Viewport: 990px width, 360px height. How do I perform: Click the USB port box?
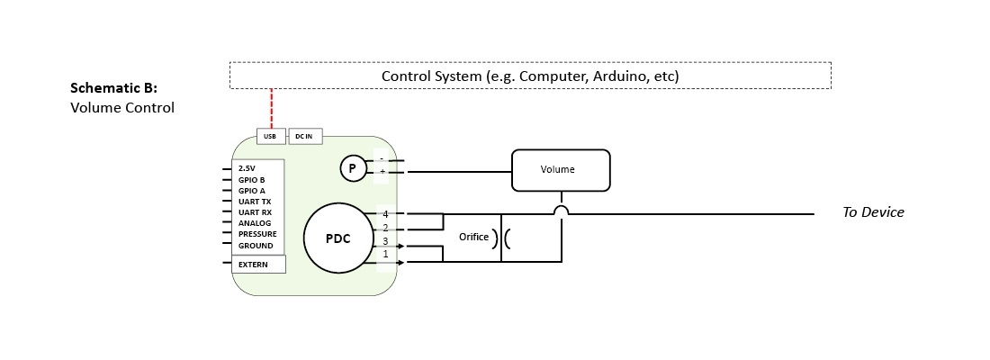(271, 136)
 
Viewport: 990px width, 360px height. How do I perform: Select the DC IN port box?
(304, 136)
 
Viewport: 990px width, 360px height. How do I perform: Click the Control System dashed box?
(530, 76)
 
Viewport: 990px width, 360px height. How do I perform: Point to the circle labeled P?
(353, 167)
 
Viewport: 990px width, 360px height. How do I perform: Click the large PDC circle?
(337, 238)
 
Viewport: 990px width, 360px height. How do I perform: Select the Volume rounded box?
(561, 169)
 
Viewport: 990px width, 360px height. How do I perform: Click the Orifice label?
(473, 238)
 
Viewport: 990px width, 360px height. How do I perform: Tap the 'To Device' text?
(872, 212)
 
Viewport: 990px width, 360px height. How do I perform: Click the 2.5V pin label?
(247, 168)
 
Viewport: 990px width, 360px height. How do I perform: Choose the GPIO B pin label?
(251, 179)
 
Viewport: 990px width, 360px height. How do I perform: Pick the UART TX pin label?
(254, 202)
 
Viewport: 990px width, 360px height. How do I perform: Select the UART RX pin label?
(254, 212)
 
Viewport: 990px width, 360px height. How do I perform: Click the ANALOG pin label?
(254, 223)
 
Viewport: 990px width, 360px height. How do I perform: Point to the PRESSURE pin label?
(257, 234)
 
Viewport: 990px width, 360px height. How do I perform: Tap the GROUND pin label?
(256, 246)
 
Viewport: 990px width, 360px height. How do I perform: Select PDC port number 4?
(385, 214)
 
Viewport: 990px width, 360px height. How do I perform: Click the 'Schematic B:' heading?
(113, 88)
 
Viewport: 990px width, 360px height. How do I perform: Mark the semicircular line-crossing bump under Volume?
(562, 211)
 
